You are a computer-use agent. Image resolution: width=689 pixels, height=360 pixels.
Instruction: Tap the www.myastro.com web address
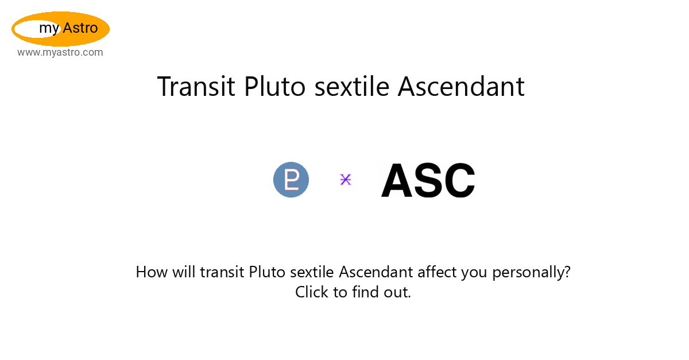point(60,52)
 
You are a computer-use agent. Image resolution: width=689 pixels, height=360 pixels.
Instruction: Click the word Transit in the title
point(196,87)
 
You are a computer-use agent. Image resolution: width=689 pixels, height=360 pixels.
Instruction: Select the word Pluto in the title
point(275,87)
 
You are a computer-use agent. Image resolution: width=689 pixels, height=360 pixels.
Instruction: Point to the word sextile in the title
point(352,87)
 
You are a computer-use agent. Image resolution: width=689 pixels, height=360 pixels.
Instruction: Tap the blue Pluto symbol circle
point(291,180)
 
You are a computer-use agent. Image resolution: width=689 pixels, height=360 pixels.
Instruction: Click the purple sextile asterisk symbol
point(346,179)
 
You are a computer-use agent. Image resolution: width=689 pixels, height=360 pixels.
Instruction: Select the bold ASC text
point(428,180)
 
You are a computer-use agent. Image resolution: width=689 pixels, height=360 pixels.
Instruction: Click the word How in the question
point(152,272)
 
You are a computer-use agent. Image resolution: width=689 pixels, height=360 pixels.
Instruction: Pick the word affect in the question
point(437,272)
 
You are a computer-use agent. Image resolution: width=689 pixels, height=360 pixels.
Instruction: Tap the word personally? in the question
point(531,273)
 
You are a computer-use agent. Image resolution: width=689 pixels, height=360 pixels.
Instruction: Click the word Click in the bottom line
point(312,292)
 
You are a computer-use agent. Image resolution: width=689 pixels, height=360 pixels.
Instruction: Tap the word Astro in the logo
point(80,28)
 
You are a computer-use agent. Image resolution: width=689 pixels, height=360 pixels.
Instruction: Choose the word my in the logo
point(49,29)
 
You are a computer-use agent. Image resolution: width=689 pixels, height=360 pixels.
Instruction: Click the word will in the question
point(184,272)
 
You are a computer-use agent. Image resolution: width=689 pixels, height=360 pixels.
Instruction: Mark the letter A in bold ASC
point(397,180)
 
